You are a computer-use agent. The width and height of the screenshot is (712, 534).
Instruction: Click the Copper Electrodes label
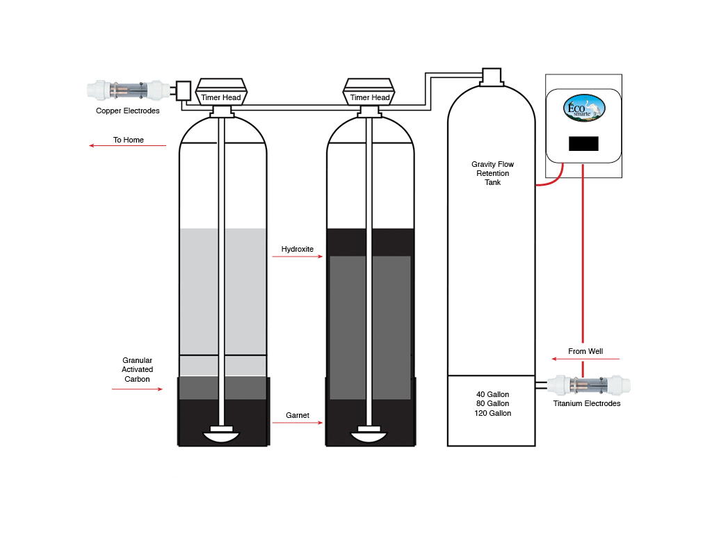(x=127, y=111)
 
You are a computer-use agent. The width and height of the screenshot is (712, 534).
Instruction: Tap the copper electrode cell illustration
(x=128, y=90)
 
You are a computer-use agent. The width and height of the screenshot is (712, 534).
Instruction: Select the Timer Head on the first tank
(x=221, y=97)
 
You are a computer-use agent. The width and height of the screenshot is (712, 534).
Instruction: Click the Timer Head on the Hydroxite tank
(x=370, y=97)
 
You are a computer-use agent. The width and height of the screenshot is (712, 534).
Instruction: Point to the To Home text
(x=129, y=140)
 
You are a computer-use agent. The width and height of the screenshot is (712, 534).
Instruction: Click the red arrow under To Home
(x=128, y=146)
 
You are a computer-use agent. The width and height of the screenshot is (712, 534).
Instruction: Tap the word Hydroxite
(x=298, y=249)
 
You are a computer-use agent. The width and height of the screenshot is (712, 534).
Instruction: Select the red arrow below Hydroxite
(x=298, y=257)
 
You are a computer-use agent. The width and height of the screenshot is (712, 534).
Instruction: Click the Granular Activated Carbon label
(x=137, y=370)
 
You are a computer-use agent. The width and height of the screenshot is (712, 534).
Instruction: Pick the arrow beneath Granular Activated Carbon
(x=137, y=389)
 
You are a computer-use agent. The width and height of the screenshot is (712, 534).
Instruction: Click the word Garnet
(x=298, y=415)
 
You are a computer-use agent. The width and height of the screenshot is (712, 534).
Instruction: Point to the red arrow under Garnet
(x=298, y=423)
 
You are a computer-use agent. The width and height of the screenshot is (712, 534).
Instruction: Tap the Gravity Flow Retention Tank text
(x=492, y=173)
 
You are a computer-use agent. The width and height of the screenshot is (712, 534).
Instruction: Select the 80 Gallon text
(x=492, y=403)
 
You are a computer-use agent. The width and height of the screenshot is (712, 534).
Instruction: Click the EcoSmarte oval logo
(x=583, y=108)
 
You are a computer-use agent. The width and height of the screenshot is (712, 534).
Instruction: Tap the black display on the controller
(x=583, y=144)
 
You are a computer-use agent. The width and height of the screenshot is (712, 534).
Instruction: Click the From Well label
(x=585, y=351)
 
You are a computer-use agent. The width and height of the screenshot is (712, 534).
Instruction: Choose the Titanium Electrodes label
(x=587, y=403)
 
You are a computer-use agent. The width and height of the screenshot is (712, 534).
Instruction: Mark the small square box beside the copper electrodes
(x=183, y=90)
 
